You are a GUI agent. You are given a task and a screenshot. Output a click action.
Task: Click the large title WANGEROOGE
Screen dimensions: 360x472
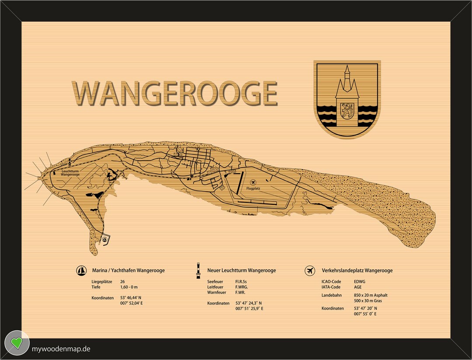point(175,93)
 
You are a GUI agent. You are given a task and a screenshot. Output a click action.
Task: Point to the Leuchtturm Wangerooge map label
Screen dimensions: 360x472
point(70,173)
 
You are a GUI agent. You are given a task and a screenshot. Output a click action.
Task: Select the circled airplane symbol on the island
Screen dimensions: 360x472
point(253,182)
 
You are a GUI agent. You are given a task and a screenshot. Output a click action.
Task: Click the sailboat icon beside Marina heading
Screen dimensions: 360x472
point(81,270)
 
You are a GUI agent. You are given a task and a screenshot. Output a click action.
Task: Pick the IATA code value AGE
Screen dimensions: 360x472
point(358,287)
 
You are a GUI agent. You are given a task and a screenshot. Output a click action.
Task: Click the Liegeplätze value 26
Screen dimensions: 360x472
point(122,282)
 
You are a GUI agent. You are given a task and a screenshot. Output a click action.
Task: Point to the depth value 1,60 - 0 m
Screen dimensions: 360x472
point(129,287)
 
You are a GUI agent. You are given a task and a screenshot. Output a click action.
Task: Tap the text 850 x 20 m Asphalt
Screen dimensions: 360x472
point(371,295)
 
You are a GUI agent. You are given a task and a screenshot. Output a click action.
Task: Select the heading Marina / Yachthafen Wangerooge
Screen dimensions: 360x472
point(128,270)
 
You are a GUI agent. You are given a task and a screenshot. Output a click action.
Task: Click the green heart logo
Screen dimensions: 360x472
point(17,343)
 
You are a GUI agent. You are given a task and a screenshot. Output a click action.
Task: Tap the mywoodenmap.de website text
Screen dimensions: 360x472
point(61,349)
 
